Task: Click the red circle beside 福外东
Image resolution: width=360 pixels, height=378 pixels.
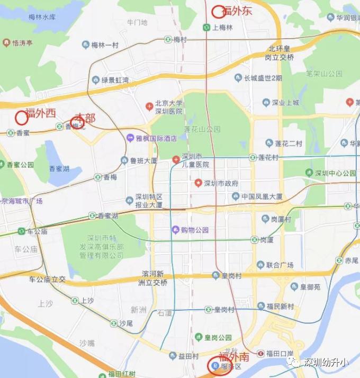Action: (218, 11)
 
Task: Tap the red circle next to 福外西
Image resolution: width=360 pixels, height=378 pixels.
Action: (22, 117)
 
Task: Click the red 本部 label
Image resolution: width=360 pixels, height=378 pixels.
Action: (85, 117)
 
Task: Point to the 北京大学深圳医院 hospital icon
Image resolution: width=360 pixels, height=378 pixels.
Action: (150, 107)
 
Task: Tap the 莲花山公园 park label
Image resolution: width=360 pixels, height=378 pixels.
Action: (202, 129)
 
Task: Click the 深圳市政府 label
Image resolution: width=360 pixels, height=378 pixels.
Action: (221, 183)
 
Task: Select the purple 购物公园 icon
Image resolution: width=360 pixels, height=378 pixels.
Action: (175, 230)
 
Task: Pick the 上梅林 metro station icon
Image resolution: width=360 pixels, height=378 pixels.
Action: (205, 28)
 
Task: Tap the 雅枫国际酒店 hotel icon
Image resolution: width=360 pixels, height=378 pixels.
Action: (130, 138)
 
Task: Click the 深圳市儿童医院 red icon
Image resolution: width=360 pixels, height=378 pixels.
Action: (176, 159)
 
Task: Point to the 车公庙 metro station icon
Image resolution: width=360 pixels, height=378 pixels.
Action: (21, 231)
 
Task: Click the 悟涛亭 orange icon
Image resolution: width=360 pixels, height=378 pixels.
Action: (6, 42)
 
